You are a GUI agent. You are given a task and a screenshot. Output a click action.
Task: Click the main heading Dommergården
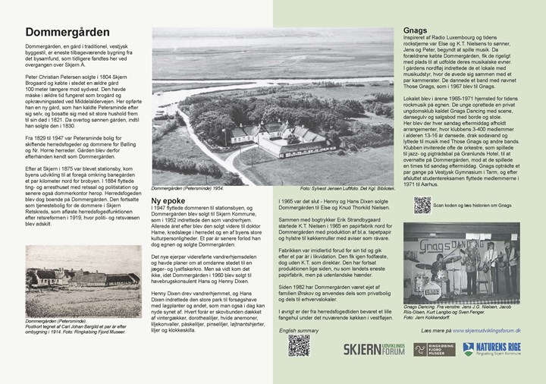click(x=67, y=33)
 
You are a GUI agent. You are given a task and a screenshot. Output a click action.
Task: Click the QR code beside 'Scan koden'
click(x=422, y=205)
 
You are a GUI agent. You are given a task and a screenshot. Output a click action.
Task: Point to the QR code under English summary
click(x=298, y=345)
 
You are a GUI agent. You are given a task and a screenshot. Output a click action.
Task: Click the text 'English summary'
click(x=299, y=331)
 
